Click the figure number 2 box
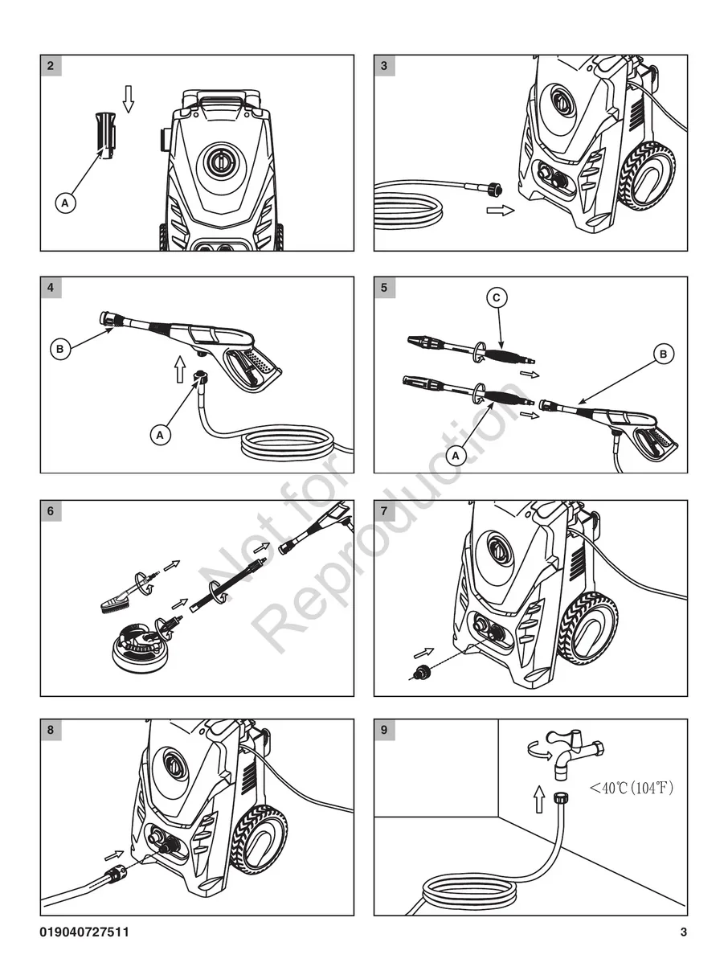(x=51, y=66)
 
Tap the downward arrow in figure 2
(x=129, y=98)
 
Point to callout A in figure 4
(x=162, y=435)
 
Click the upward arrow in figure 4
(x=180, y=369)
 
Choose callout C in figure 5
(x=497, y=298)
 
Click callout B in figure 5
(x=663, y=354)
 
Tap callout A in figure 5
(x=456, y=456)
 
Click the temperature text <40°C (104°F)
(x=631, y=788)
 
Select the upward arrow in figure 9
(x=539, y=799)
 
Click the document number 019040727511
(x=84, y=932)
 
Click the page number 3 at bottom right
(x=683, y=932)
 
